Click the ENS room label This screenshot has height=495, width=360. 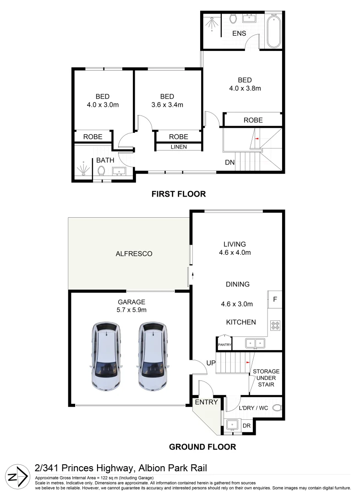[x=239, y=33]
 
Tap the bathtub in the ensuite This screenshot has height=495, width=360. [x=274, y=32]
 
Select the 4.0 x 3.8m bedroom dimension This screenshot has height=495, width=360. [x=245, y=88]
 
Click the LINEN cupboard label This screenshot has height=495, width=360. [x=178, y=147]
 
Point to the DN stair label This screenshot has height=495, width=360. [x=230, y=162]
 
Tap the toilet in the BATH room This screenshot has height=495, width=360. [x=102, y=171]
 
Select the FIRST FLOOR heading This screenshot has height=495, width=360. [x=179, y=194]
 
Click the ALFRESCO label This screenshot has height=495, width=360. [x=134, y=253]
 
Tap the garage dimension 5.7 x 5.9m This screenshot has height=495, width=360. [x=131, y=310]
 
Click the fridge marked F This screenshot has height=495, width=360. [x=275, y=299]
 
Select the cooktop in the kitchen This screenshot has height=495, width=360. [x=276, y=326]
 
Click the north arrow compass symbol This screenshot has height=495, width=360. [x=16, y=477]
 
